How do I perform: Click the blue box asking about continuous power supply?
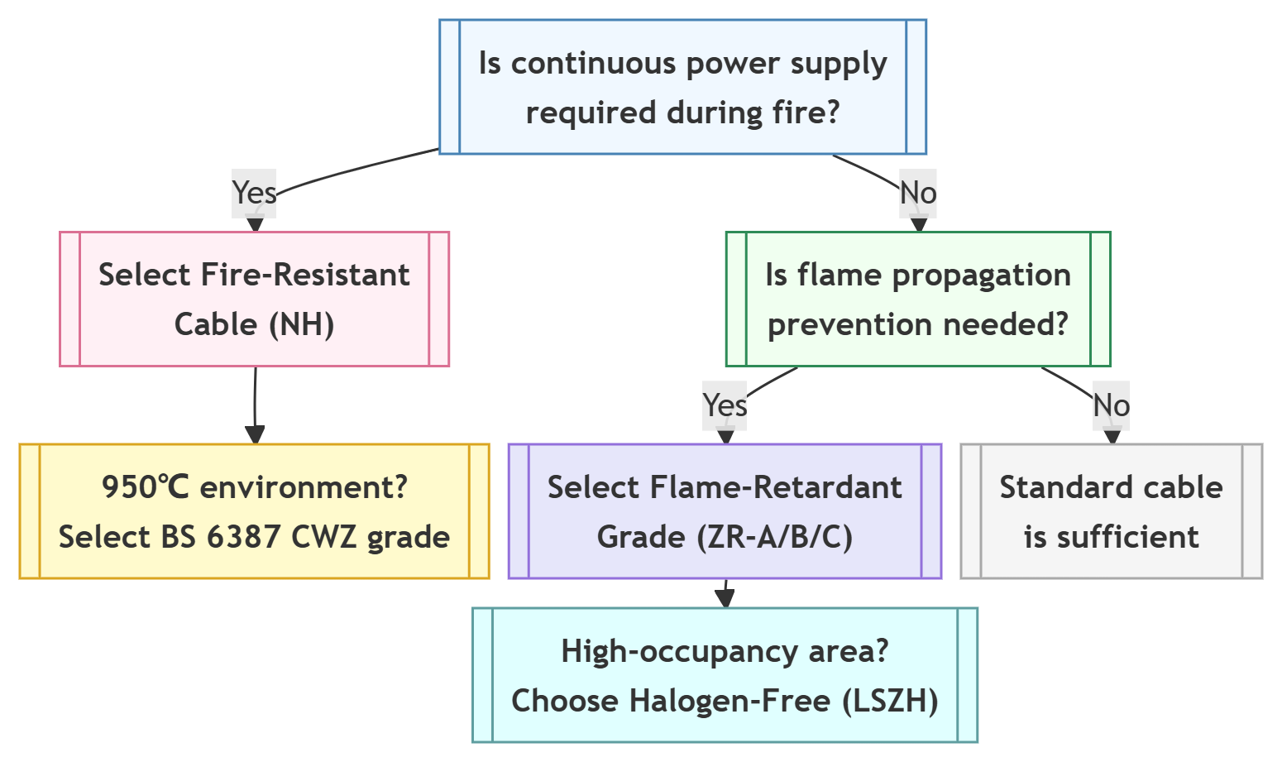point(682,87)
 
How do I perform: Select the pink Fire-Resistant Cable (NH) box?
point(255,299)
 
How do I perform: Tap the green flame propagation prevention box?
point(918,299)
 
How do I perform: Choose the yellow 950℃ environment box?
point(255,511)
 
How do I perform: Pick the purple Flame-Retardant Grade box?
point(725,511)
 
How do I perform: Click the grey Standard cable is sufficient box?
point(1111,511)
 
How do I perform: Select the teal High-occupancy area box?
point(725,675)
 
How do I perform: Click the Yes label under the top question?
point(254,193)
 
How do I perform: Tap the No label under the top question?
point(918,193)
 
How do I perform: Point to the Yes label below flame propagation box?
point(725,405)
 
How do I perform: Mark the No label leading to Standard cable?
point(1111,405)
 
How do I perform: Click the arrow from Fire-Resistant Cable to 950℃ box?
point(255,405)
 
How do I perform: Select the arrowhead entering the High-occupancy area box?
point(725,599)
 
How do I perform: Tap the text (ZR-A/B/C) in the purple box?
point(774,537)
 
